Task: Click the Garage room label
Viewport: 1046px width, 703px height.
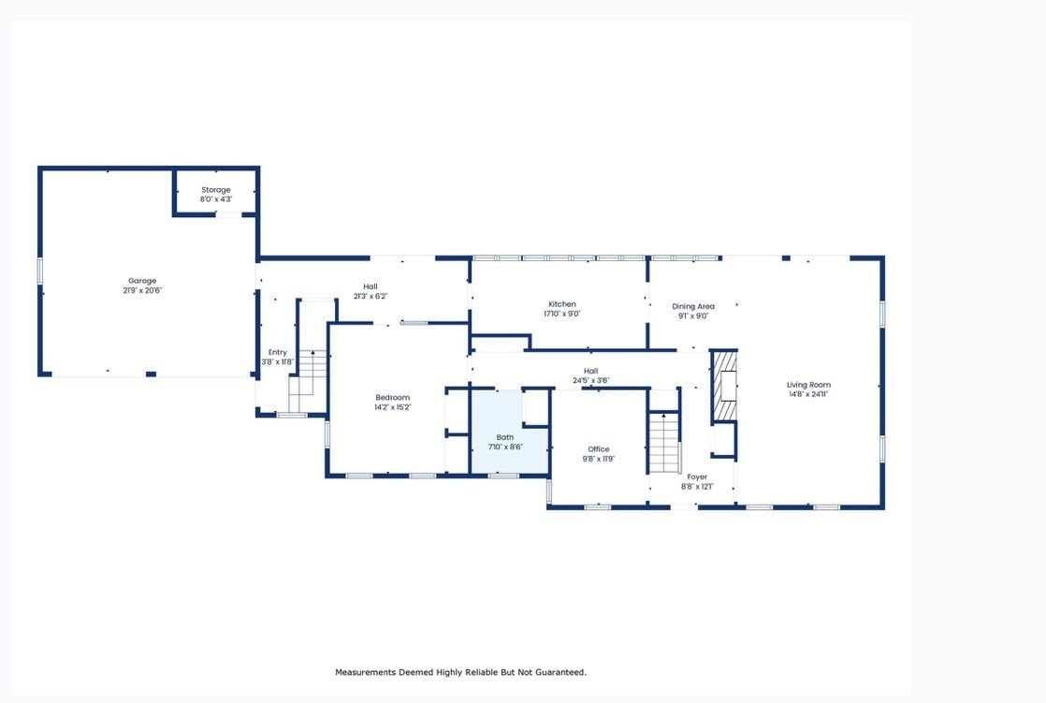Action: pos(142,281)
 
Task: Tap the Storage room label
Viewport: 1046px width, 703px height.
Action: pos(215,190)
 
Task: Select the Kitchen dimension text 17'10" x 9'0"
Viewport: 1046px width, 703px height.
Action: pos(561,315)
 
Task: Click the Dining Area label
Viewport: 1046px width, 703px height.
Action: pos(693,306)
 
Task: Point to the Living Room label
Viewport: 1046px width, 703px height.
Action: pos(808,385)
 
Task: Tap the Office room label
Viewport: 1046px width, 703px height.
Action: pos(598,449)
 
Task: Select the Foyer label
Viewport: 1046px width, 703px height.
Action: pos(697,477)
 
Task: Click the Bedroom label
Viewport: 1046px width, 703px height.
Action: pos(392,398)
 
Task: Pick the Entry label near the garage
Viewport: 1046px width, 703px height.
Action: pos(277,352)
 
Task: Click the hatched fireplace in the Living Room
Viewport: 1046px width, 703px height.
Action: pos(724,387)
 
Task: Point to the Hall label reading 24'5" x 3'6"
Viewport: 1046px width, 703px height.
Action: pos(591,381)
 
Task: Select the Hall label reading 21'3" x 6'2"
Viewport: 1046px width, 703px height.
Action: pos(370,296)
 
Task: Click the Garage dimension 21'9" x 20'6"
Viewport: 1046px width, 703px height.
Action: pos(142,290)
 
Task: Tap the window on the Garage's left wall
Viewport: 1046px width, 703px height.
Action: pos(40,271)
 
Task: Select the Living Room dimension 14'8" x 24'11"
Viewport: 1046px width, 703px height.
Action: pos(808,394)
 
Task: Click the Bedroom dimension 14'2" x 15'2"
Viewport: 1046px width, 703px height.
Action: pos(392,407)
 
